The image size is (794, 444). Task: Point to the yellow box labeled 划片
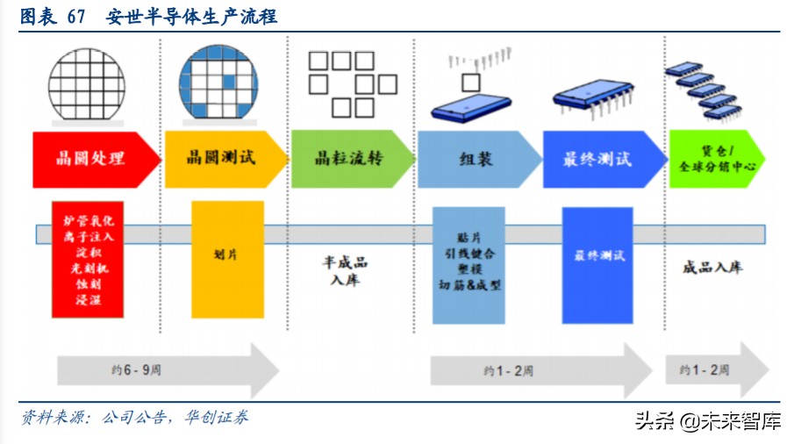[227, 259]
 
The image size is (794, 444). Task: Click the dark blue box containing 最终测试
[597, 257]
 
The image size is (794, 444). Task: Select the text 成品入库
[712, 267]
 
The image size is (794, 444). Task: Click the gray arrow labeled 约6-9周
[167, 370]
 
